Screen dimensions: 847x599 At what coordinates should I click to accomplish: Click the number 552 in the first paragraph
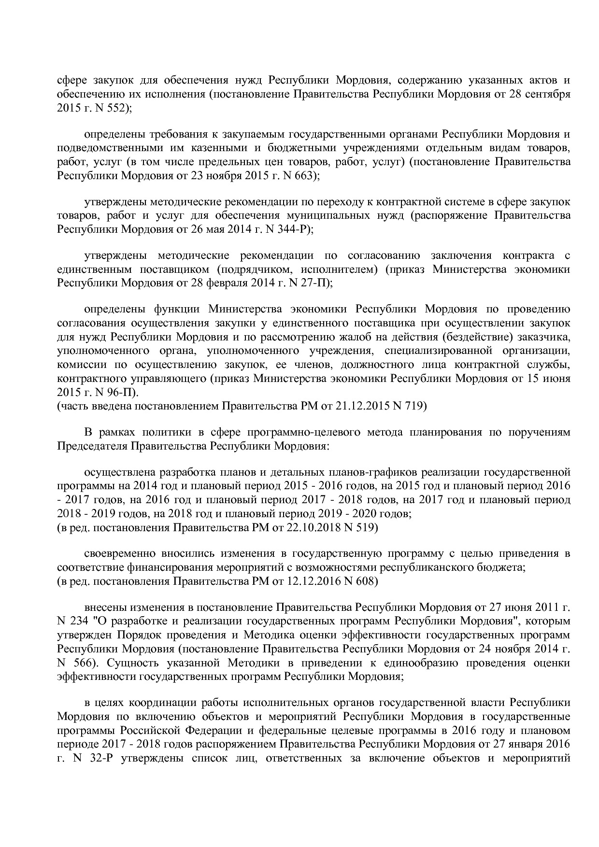[x=114, y=109]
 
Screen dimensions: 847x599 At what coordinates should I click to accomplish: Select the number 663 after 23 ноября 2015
[x=304, y=176]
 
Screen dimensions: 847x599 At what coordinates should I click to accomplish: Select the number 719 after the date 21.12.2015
[x=415, y=406]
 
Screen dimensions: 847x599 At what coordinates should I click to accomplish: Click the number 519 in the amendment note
[x=366, y=527]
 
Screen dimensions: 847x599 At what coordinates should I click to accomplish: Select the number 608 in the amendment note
[x=366, y=581]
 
